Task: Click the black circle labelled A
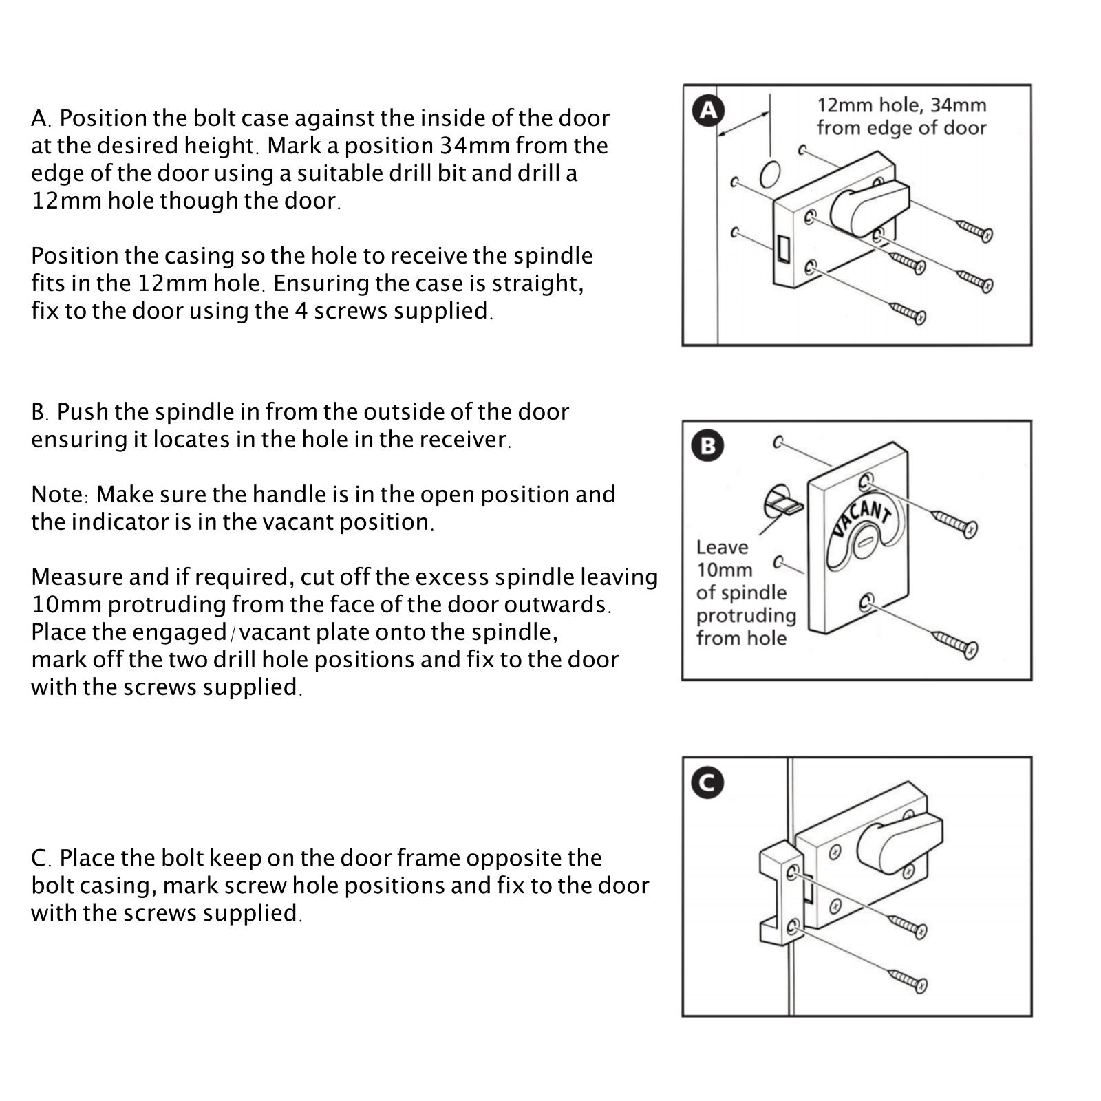[x=709, y=110]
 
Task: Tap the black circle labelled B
[x=707, y=445]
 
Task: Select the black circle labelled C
[x=707, y=782]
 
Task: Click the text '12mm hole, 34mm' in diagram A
[x=901, y=105]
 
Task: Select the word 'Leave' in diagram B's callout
[x=722, y=547]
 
